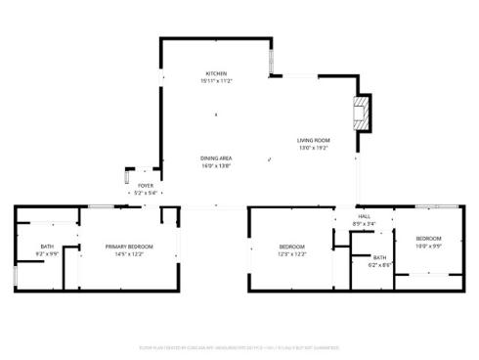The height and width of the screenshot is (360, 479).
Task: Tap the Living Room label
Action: click(x=313, y=141)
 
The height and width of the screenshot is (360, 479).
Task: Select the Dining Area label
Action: click(x=215, y=158)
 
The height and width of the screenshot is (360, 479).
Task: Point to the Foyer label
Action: click(x=145, y=185)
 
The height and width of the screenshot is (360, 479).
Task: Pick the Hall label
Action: click(x=364, y=216)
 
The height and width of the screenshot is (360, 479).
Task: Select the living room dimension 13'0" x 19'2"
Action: click(x=313, y=148)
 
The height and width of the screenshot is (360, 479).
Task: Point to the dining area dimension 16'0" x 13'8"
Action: click(x=215, y=165)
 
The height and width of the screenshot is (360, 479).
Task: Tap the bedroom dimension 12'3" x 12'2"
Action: click(x=292, y=253)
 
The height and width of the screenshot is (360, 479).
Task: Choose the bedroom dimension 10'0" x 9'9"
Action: click(x=428, y=246)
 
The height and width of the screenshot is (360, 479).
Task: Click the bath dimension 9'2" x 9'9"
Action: click(x=47, y=253)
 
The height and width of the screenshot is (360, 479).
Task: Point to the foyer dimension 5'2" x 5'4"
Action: click(x=145, y=192)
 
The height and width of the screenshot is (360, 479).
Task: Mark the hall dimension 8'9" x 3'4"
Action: click(x=364, y=224)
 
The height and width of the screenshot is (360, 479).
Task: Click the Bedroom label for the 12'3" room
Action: click(x=292, y=246)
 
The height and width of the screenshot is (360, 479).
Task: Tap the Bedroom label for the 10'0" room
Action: click(x=428, y=239)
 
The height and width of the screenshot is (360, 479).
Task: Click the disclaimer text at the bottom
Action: click(x=239, y=346)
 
